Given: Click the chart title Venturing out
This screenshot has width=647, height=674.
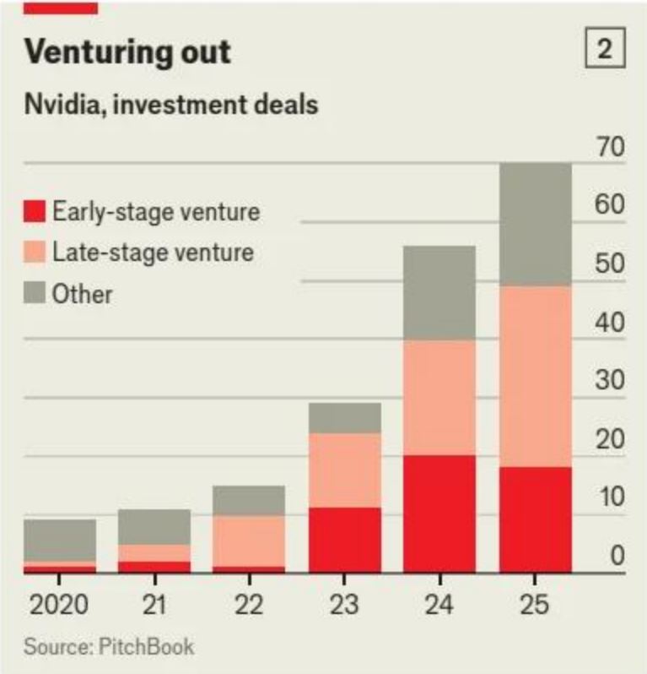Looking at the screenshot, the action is [127, 52].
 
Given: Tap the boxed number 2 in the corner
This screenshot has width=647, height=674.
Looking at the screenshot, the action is [605, 47].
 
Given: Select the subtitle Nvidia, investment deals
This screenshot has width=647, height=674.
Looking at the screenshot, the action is [171, 105].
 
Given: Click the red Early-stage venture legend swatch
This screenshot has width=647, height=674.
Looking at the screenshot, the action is [35, 211].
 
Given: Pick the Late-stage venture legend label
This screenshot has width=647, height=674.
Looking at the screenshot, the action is [153, 252].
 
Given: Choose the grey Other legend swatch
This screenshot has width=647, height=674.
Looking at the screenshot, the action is [35, 292].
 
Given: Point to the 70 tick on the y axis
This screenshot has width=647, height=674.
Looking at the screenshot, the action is [610, 147].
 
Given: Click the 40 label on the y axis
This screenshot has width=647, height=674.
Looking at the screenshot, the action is [610, 322].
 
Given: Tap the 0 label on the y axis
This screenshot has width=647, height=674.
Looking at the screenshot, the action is [617, 556].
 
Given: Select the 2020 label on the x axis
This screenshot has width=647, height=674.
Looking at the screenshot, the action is [59, 605].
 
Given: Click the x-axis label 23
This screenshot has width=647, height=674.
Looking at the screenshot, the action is [344, 605].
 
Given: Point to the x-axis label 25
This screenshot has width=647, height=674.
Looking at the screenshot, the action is [535, 605].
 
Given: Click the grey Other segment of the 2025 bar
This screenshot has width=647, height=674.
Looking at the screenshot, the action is [536, 225].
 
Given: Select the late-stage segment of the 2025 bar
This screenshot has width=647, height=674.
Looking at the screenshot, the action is [536, 377].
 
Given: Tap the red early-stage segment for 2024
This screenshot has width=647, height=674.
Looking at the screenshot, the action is [439, 514].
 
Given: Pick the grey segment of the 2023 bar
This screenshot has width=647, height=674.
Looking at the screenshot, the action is [345, 418].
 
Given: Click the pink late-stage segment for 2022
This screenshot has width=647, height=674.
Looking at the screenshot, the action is [249, 541].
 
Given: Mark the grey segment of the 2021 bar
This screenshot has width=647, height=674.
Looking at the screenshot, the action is [154, 527].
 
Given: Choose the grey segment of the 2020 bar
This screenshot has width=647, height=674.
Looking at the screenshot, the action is [60, 541].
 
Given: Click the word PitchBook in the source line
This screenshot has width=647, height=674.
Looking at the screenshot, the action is [147, 646].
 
